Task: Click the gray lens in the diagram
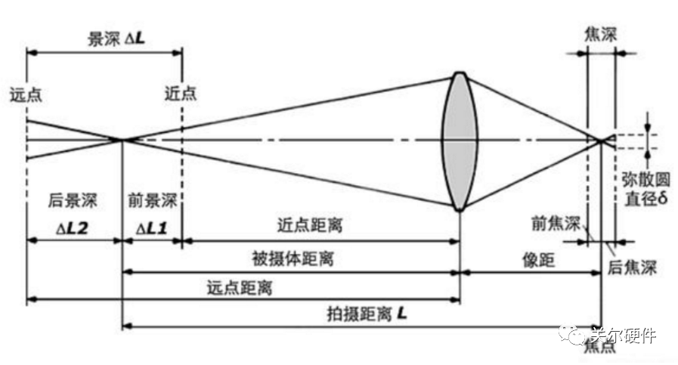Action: [460, 141]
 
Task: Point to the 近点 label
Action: [181, 93]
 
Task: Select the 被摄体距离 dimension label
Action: [293, 259]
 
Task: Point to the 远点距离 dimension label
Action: [240, 288]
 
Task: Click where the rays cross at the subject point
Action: [121, 139]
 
